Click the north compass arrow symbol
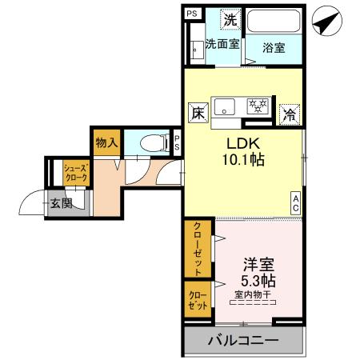pyautogui.click(x=326, y=21)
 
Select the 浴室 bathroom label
pyautogui.click(x=274, y=47)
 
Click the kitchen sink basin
pyautogui.click(x=225, y=104)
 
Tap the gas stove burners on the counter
pyautogui.click(x=258, y=105)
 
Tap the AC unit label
pyautogui.click(x=296, y=203)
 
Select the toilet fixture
pyautogui.click(x=150, y=143)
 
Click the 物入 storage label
pyautogui.click(x=106, y=143)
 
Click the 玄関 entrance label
pyautogui.click(x=61, y=203)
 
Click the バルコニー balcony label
pyautogui.click(x=244, y=342)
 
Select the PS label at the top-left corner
pyautogui.click(x=191, y=14)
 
